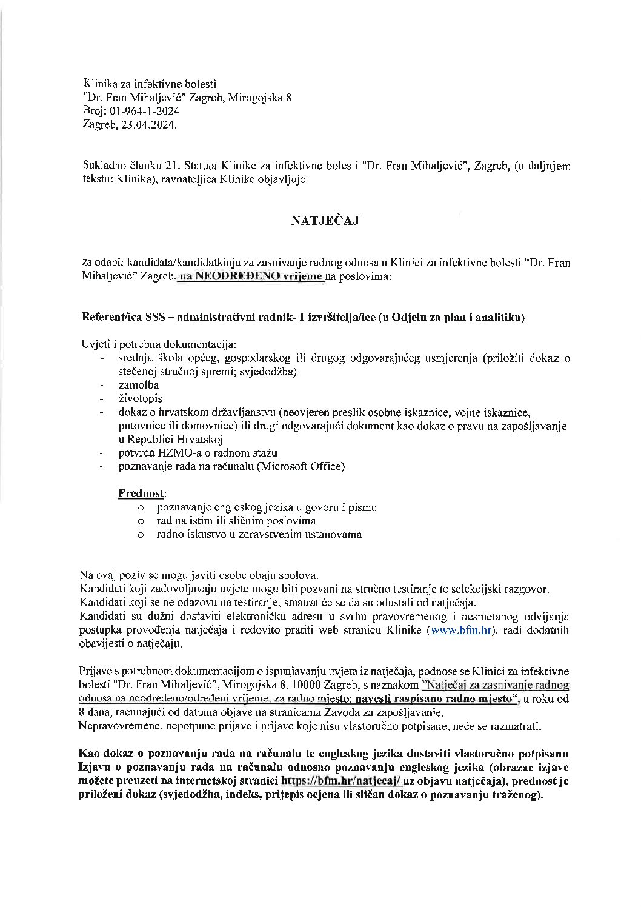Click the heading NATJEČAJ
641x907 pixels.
click(x=325, y=221)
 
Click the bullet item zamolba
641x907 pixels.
click(x=138, y=385)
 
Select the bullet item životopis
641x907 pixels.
click(x=139, y=399)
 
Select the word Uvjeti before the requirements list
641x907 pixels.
click(x=95, y=345)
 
